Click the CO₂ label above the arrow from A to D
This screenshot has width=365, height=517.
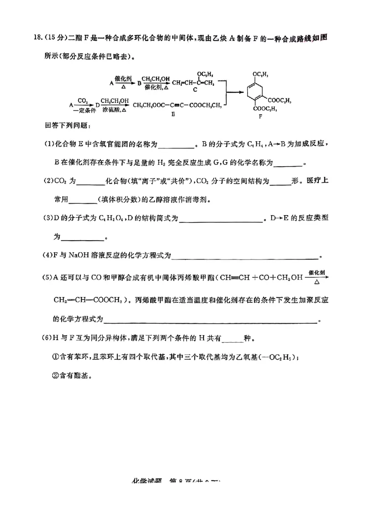pos(83,100)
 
